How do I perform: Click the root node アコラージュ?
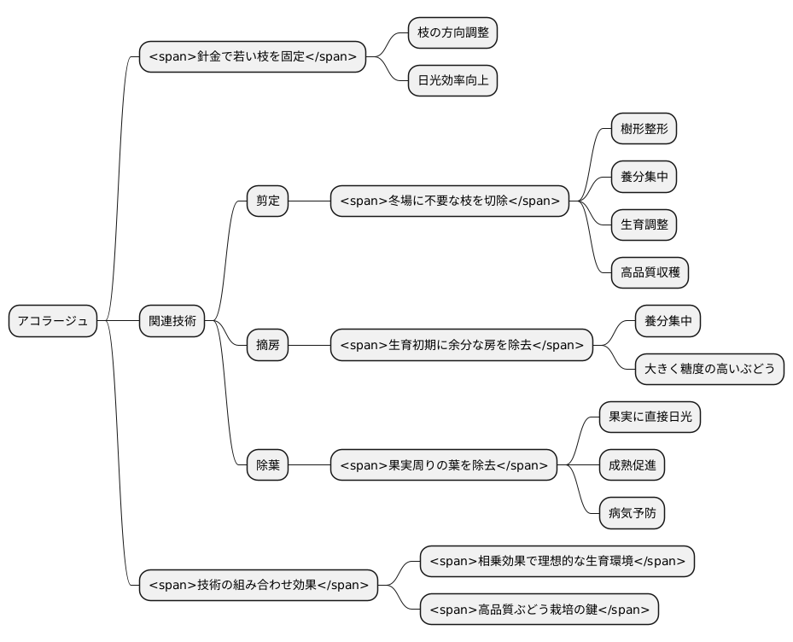[x=52, y=321]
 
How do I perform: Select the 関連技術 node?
[x=172, y=321]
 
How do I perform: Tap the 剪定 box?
[x=267, y=201]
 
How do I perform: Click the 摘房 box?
[x=267, y=346]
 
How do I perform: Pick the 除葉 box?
[x=267, y=466]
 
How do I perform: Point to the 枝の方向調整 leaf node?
[x=452, y=33]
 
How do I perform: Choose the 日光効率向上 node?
[x=452, y=81]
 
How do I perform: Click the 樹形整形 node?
[x=644, y=130]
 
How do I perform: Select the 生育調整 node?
[x=644, y=225]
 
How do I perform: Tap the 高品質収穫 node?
[x=650, y=273]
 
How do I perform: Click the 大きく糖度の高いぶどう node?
[x=709, y=370]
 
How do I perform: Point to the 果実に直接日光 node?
[x=650, y=417]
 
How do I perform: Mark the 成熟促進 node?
[x=632, y=465]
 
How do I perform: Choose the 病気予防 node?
[x=632, y=513]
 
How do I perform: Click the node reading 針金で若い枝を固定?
[x=253, y=57]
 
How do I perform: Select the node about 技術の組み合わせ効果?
[x=259, y=585]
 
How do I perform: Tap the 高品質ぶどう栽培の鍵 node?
[x=539, y=609]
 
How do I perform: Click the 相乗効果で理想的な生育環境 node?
[x=557, y=561]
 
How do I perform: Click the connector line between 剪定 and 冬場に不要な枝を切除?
[x=309, y=201]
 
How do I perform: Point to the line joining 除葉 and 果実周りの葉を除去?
[x=309, y=466]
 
